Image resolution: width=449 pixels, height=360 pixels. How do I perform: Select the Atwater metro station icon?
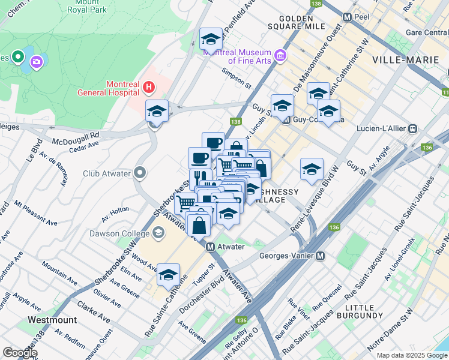click(211, 247)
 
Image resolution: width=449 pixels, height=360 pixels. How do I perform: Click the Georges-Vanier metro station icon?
click(321, 256)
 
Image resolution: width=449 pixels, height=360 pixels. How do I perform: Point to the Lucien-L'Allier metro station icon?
click(413, 128)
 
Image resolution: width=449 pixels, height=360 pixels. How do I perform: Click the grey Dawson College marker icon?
click(158, 233)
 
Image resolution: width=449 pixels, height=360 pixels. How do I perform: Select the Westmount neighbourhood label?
click(52, 320)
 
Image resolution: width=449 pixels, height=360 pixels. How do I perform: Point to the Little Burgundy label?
click(360, 310)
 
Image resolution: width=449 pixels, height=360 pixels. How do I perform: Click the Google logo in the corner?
click(19, 353)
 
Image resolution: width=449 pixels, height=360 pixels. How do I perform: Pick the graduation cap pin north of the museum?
click(211, 40)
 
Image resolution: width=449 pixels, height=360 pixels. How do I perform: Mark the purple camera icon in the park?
click(37, 61)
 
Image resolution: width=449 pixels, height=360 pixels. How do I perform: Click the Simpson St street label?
click(235, 77)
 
